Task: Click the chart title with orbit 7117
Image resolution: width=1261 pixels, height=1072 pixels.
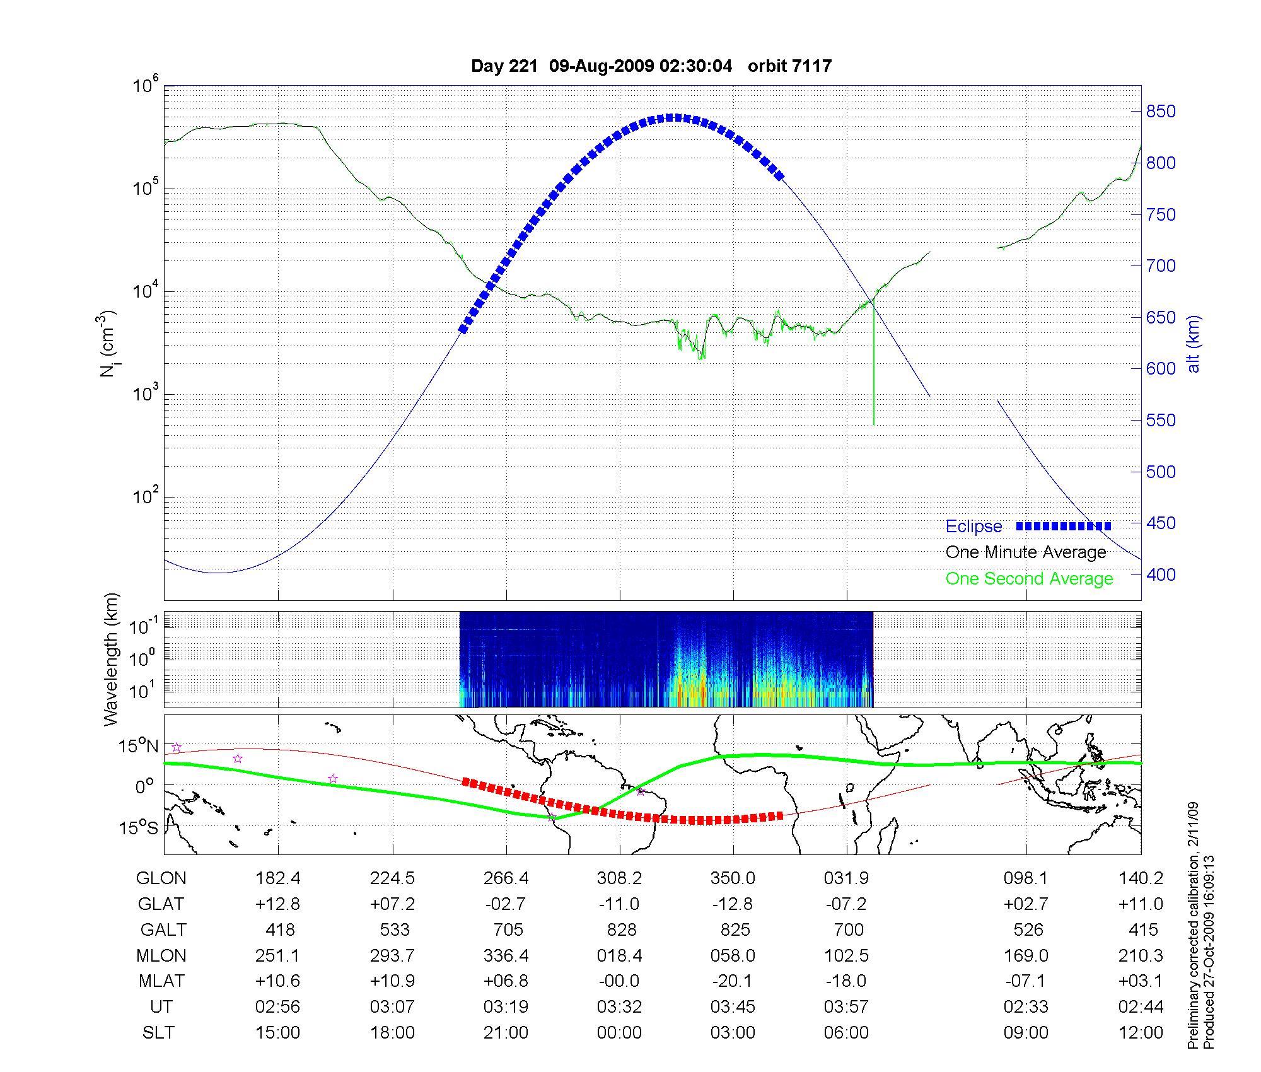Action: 651,66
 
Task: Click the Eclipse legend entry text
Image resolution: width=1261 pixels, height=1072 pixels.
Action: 973,527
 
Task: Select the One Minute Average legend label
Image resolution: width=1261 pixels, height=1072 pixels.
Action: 1026,552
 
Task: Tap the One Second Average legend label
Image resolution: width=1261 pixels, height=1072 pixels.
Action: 1029,579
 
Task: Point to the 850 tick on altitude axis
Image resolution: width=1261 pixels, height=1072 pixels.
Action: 1161,112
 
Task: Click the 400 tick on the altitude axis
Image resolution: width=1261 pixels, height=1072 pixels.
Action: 1161,574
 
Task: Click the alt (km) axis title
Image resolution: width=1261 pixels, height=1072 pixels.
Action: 1194,344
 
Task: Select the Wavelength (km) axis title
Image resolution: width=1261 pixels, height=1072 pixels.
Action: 112,660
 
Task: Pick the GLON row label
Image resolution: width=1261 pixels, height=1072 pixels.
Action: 161,878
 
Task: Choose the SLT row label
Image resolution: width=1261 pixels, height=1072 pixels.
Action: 158,1033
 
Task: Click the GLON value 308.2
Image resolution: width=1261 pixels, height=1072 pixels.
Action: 619,878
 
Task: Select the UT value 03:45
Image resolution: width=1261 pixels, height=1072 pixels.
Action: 733,1007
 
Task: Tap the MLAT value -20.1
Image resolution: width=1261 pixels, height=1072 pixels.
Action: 733,981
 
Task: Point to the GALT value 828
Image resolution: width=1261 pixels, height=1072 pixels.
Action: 621,930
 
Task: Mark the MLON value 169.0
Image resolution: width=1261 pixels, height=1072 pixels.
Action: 1026,956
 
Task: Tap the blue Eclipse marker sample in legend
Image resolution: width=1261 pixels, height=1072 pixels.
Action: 1063,527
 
